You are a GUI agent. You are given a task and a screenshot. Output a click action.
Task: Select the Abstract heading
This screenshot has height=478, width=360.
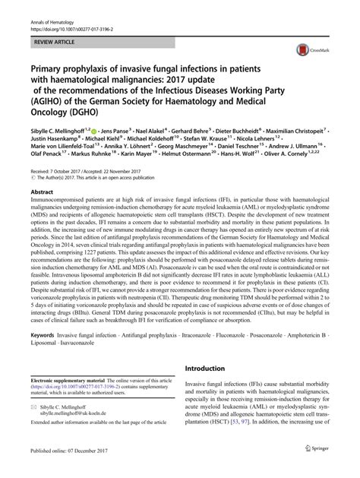coord(41,193)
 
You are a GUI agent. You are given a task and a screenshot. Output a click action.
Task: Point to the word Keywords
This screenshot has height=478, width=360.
coord(44,356)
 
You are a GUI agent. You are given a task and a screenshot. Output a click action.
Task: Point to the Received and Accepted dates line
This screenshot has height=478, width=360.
coord(84,173)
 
